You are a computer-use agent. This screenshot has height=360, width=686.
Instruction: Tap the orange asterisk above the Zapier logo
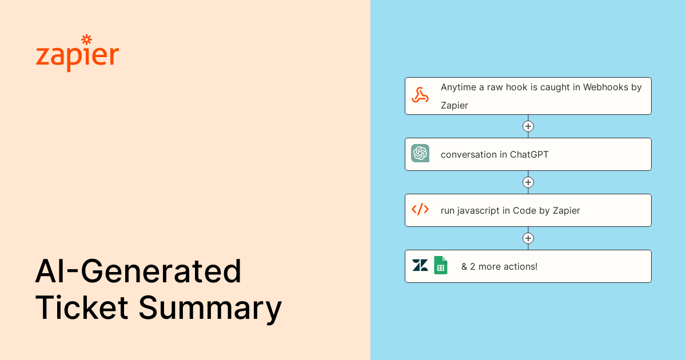coord(87,39)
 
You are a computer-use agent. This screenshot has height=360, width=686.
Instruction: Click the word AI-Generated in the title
coord(138,272)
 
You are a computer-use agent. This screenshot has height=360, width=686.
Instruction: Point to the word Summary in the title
coord(210,309)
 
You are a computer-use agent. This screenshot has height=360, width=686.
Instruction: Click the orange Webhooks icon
coord(420,95)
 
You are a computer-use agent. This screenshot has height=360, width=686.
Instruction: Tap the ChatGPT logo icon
coord(420,153)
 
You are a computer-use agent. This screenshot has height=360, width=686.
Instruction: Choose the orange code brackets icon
coord(420,209)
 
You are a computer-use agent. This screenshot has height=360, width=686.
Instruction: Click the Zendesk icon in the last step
coord(420,265)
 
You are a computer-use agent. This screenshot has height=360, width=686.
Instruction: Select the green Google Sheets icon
coord(440,265)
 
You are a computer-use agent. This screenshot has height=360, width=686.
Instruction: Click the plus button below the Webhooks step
coord(528,126)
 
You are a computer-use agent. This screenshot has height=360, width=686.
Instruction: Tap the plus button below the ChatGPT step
coord(528,182)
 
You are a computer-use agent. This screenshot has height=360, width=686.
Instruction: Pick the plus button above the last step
coord(528,238)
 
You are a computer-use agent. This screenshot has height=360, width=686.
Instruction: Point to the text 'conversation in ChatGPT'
coord(494,154)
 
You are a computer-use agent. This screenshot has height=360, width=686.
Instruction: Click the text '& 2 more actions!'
coord(499,266)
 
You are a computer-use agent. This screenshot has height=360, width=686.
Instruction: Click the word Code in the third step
coord(524,210)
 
